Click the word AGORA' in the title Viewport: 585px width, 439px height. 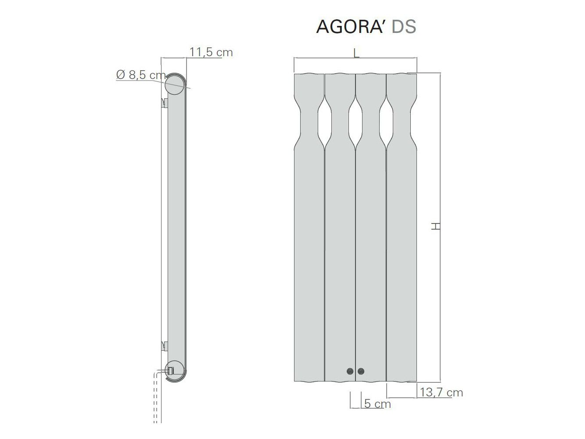click(x=351, y=26)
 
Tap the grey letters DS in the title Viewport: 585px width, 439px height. click(x=404, y=26)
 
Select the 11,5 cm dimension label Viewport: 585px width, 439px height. click(x=211, y=52)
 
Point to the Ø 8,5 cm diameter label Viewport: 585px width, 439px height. click(x=141, y=75)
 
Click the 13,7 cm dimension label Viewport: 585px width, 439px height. click(x=441, y=392)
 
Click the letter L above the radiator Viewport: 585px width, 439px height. click(x=356, y=54)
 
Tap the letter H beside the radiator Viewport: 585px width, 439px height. click(x=435, y=227)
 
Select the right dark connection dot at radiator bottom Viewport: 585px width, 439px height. click(x=361, y=371)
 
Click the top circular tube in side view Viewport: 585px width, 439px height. click(x=175, y=85)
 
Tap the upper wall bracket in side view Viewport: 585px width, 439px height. click(x=165, y=104)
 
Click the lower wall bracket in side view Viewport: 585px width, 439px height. click(x=165, y=346)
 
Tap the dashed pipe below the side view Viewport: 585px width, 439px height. click(x=156, y=399)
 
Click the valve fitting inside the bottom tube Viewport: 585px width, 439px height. click(x=171, y=371)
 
